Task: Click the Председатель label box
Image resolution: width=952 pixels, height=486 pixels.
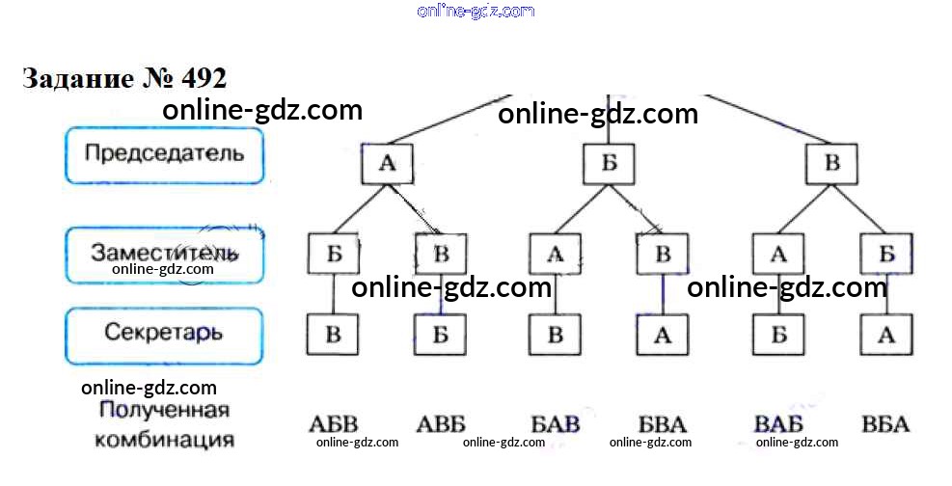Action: tap(164, 154)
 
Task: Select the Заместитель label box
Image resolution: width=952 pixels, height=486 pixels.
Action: tap(164, 255)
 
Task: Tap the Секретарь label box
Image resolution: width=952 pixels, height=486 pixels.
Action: tap(164, 336)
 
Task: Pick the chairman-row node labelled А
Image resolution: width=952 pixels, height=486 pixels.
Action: tap(388, 163)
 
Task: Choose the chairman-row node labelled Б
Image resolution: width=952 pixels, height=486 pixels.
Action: tap(609, 163)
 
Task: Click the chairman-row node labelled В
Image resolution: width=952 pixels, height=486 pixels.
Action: tap(831, 163)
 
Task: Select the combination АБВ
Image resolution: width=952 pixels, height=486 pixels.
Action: tap(334, 423)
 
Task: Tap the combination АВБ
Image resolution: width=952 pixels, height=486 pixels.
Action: tap(441, 423)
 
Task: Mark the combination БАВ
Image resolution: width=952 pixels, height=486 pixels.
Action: tap(556, 423)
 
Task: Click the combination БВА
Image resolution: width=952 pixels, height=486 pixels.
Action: tap(663, 423)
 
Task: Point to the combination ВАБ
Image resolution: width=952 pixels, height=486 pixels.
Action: tap(779, 423)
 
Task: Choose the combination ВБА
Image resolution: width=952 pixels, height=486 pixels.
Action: tap(885, 423)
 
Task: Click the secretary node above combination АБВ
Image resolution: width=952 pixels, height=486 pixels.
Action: tap(332, 335)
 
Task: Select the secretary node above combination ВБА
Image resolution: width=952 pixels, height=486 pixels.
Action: tap(886, 335)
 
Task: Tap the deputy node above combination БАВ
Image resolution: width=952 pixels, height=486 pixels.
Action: tap(555, 254)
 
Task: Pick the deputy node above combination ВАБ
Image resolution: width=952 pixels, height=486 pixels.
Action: tap(778, 254)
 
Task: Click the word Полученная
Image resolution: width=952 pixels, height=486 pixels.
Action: tap(165, 411)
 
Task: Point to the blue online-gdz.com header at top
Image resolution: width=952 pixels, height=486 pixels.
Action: tap(476, 11)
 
